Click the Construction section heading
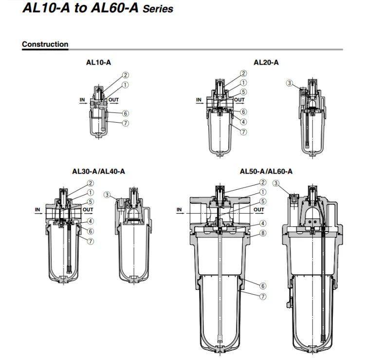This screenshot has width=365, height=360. click(45, 44)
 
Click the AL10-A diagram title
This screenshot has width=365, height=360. click(98, 62)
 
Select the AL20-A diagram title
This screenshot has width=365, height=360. click(266, 62)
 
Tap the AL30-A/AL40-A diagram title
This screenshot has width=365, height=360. click(98, 172)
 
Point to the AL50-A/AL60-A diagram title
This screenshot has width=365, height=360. click(266, 172)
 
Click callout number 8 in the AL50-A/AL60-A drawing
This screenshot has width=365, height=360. click(263, 233)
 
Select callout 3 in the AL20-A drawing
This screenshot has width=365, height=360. click(290, 83)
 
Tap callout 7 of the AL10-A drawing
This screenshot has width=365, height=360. click(126, 123)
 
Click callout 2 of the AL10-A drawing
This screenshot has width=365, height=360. click(126, 75)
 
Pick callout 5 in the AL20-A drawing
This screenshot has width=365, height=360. click(243, 92)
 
